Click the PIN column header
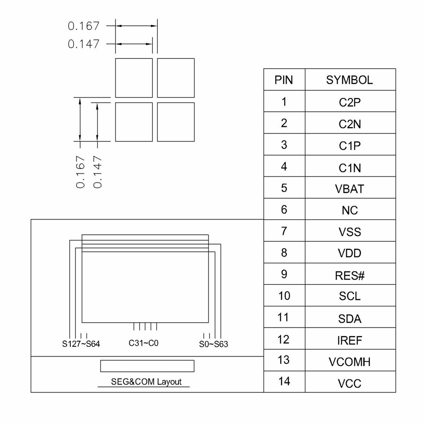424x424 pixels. [284, 80]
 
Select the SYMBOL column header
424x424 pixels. [349, 80]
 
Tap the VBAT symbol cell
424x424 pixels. [349, 189]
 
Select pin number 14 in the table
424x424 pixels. [284, 381]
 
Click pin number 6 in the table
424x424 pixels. [284, 209]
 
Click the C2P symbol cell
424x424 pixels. [349, 102]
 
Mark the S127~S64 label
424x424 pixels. [81, 344]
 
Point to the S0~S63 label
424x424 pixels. [213, 344]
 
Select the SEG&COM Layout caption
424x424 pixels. [146, 382]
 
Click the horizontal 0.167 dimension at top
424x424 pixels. [84, 26]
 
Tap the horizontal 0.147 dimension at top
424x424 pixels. [84, 44]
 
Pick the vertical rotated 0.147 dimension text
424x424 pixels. [98, 171]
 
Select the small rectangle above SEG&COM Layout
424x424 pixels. [147, 366]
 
